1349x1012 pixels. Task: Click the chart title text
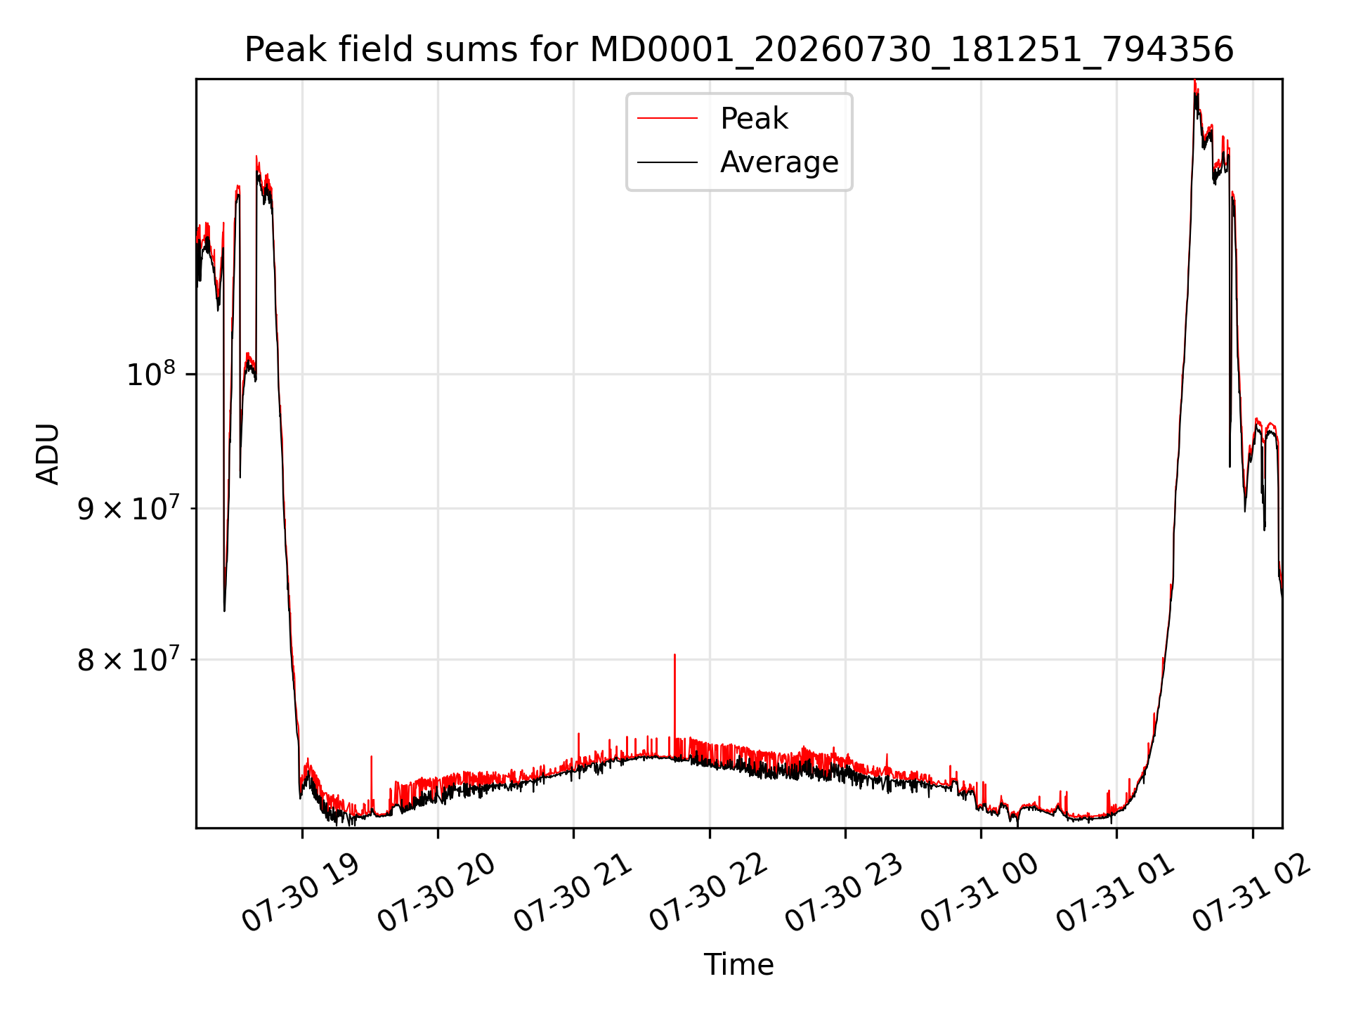pyautogui.click(x=739, y=50)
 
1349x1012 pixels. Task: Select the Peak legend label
pyautogui.click(x=754, y=119)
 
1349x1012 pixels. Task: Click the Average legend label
pyautogui.click(x=779, y=162)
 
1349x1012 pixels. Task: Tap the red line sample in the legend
pyautogui.click(x=667, y=119)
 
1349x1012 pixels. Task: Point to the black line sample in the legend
pyautogui.click(x=667, y=162)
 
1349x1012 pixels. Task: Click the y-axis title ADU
pyautogui.click(x=48, y=453)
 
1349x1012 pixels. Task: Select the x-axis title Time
pyautogui.click(x=739, y=964)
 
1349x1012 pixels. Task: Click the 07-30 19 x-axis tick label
pyautogui.click(x=301, y=893)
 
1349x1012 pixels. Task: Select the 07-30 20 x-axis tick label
pyautogui.click(x=437, y=893)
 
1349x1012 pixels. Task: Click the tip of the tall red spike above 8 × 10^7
pyautogui.click(x=674, y=654)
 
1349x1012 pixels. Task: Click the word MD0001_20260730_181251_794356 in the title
pyautogui.click(x=912, y=50)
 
